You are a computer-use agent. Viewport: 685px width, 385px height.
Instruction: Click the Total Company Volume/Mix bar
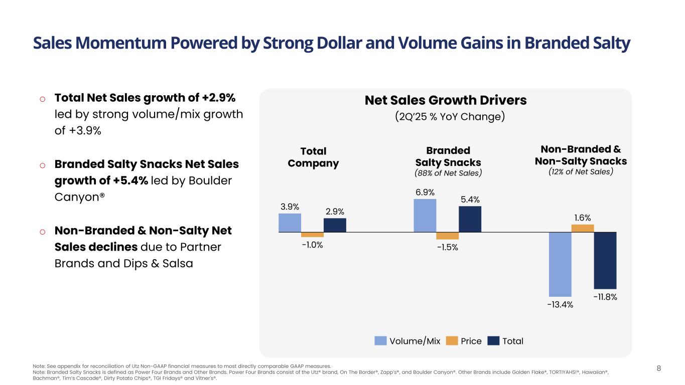pos(290,223)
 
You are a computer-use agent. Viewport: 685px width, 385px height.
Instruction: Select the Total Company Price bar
pos(312,235)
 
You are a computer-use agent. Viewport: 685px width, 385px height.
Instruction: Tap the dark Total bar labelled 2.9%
pos(335,225)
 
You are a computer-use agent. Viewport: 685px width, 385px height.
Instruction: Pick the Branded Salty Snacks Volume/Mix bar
pos(425,216)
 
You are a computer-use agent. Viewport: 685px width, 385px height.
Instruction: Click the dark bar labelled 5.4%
pos(470,219)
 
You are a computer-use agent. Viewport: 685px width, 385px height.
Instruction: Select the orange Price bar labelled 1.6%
pos(583,228)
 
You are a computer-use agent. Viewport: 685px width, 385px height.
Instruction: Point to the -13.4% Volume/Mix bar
pos(560,264)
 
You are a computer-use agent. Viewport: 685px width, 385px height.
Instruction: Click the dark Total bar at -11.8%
pos(605,261)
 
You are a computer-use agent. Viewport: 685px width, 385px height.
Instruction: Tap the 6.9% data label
pos(425,192)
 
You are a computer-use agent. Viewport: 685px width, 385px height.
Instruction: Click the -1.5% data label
pos(447,247)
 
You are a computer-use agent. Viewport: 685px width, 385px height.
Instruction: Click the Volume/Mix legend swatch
pos(381,341)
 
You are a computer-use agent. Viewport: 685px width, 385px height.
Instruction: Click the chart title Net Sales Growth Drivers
pos(445,100)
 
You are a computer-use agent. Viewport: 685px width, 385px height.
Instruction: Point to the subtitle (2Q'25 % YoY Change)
pos(449,117)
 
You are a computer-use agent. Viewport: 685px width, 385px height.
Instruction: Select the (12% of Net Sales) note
pos(581,171)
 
